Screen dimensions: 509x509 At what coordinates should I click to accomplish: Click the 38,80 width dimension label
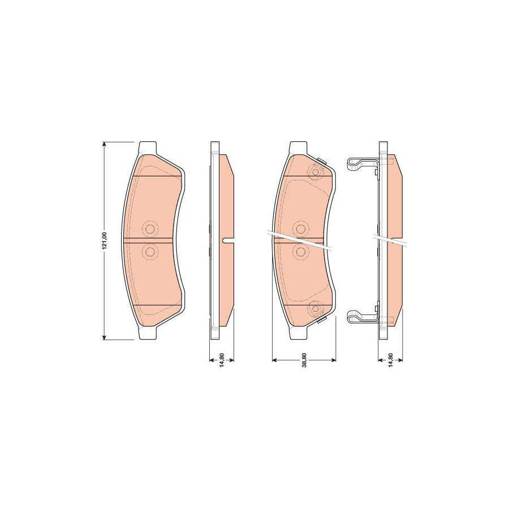click(304, 360)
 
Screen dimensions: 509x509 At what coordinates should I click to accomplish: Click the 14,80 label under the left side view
click(222, 360)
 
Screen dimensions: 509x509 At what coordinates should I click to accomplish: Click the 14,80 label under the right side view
click(390, 360)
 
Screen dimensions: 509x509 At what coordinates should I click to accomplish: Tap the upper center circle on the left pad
click(150, 228)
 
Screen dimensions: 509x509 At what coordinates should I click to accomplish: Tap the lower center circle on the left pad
click(150, 251)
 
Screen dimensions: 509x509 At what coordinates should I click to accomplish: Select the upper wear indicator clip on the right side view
click(360, 164)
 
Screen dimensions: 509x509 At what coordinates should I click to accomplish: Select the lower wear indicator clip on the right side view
click(360, 317)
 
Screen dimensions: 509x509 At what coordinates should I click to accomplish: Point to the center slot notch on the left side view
click(228, 241)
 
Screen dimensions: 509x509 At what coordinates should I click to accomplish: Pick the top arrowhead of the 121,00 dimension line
click(104, 145)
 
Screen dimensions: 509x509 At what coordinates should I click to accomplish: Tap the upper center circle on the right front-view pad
click(300, 228)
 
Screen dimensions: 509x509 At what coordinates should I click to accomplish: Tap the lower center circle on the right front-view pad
click(300, 251)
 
